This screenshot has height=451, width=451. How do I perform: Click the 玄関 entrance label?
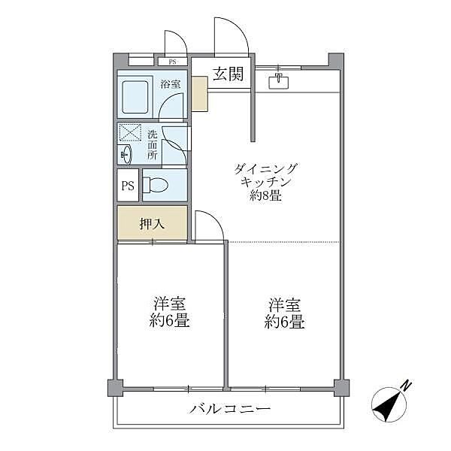tap(227, 74)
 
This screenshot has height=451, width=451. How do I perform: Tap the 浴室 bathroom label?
tap(170, 83)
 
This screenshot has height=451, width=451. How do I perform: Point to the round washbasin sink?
tap(125, 155)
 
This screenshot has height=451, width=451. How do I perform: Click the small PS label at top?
tap(173, 62)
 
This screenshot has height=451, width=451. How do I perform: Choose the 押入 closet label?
tap(151, 223)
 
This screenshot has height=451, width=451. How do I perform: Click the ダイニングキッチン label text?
tap(266, 175)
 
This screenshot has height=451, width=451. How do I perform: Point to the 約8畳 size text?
tap(266, 197)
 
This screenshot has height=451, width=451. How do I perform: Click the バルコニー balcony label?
tap(229, 409)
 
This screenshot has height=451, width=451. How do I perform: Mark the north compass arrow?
tap(391, 403)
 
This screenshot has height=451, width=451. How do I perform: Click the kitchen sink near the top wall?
tap(279, 80)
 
